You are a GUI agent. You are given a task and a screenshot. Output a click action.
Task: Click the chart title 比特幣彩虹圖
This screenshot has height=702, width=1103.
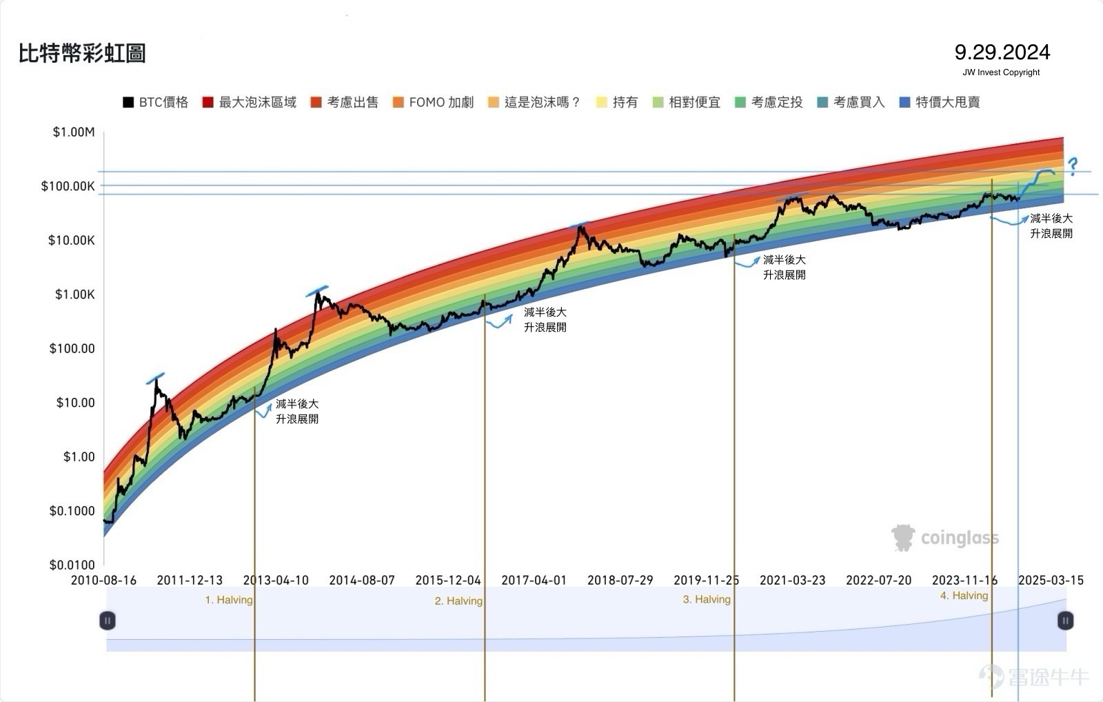(x=82, y=53)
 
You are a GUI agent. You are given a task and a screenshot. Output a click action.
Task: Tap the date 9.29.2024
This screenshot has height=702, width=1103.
(x=1002, y=52)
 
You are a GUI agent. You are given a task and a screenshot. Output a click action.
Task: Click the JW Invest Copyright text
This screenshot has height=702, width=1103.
(x=1001, y=72)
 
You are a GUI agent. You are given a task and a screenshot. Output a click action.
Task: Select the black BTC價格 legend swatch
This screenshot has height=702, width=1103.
(x=128, y=103)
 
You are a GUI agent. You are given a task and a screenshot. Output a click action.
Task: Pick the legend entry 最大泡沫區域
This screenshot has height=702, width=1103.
(x=250, y=103)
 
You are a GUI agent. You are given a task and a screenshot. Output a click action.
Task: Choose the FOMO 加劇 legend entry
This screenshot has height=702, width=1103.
(x=434, y=103)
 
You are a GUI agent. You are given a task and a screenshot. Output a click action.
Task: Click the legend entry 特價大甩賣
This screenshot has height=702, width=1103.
(x=940, y=103)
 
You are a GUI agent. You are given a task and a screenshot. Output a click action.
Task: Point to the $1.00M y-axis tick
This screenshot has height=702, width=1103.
(x=74, y=132)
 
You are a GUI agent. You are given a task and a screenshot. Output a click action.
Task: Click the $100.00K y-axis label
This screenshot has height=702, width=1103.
(x=68, y=186)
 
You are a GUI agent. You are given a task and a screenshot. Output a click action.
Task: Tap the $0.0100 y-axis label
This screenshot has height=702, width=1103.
(x=72, y=565)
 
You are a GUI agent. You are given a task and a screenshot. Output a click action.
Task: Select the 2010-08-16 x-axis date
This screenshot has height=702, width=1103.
(x=103, y=581)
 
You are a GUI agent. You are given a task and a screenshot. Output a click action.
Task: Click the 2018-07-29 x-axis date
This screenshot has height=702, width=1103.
(x=620, y=581)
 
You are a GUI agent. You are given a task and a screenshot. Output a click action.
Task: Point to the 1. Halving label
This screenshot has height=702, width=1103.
(x=228, y=600)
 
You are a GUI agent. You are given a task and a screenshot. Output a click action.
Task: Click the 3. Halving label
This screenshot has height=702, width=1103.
(x=707, y=599)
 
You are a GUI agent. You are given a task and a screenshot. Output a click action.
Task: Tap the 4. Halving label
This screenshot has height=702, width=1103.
(x=964, y=596)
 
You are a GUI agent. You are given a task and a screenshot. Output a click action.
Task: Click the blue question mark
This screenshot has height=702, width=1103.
(x=1073, y=166)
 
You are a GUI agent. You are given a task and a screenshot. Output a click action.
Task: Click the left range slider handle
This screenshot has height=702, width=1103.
(x=108, y=621)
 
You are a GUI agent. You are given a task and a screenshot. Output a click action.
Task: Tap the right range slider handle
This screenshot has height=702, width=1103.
(x=1065, y=621)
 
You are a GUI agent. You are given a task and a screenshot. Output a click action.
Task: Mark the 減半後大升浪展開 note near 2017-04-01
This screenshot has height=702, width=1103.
(x=545, y=320)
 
